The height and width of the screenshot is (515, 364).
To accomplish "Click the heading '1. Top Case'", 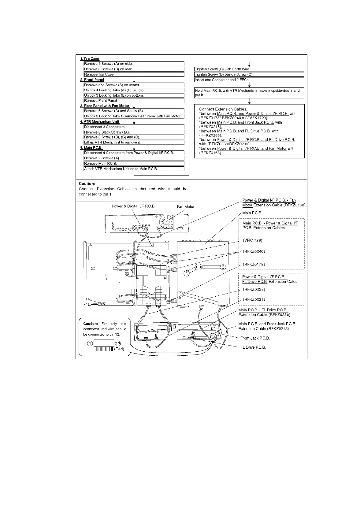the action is click(x=90, y=59).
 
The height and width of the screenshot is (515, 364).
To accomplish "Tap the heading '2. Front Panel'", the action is click(x=92, y=80).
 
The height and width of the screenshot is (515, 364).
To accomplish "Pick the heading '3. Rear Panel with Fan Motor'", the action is click(x=105, y=106).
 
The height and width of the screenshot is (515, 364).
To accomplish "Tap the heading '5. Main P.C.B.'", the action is click(x=91, y=147).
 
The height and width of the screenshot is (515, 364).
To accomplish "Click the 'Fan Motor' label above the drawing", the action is click(x=186, y=207).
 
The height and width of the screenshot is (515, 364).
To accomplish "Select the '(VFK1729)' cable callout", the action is click(x=253, y=240).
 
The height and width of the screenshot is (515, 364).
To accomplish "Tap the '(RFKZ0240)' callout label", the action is click(x=254, y=252).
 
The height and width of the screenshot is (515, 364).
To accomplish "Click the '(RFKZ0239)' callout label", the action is click(x=254, y=299).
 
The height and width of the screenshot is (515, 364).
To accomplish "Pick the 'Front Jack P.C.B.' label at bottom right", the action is click(x=255, y=338).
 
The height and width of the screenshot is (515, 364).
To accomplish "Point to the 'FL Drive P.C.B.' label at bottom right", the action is click(x=253, y=347).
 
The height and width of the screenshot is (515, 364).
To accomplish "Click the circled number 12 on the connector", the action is click(x=118, y=343).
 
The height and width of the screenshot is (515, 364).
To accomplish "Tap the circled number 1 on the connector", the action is click(x=90, y=343).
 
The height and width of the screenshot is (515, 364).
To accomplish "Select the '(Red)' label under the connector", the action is click(x=119, y=349).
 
